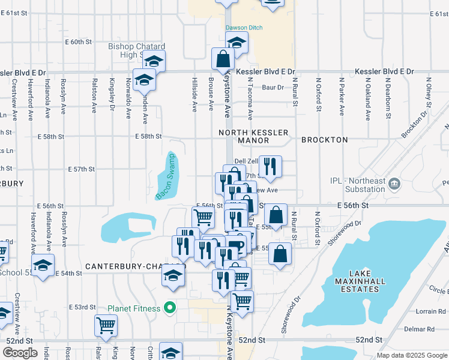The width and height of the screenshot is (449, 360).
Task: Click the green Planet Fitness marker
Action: [x=170, y=308]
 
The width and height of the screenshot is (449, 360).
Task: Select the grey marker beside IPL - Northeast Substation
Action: [x=394, y=182]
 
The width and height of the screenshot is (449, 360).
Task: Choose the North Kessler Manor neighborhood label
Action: [x=254, y=136]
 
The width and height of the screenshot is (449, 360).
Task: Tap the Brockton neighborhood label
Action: [x=324, y=140]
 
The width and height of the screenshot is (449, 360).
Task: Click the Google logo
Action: [x=20, y=353]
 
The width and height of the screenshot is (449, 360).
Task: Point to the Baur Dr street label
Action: [x=273, y=88]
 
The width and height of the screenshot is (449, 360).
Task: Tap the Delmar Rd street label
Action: [x=419, y=329]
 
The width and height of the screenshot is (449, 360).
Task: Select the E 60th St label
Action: [x=80, y=42]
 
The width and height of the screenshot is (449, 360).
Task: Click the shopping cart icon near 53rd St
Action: [x=106, y=325]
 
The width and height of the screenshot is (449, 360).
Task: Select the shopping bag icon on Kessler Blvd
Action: [x=223, y=59]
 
